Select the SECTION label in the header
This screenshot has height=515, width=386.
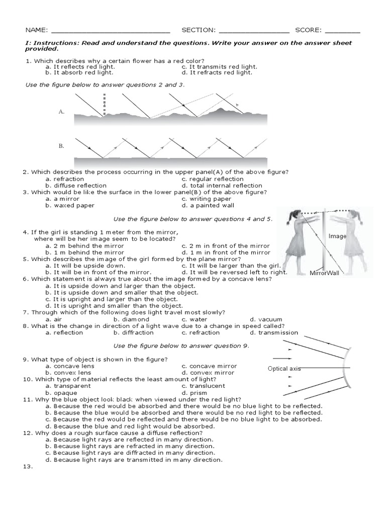[x=199, y=30]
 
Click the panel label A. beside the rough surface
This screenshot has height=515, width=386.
[x=61, y=112]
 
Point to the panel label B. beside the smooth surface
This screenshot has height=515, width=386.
[x=61, y=146]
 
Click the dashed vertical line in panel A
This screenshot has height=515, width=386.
[x=104, y=106]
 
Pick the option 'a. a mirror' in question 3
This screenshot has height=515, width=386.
[x=62, y=199]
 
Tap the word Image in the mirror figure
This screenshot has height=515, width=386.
[x=337, y=236]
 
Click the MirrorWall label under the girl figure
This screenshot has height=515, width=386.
[x=325, y=273]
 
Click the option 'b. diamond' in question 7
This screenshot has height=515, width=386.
[x=131, y=319]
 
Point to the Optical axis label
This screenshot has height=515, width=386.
[x=284, y=369]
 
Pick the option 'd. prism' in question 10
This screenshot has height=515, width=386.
[x=195, y=392]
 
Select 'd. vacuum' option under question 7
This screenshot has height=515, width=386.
[x=266, y=319]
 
